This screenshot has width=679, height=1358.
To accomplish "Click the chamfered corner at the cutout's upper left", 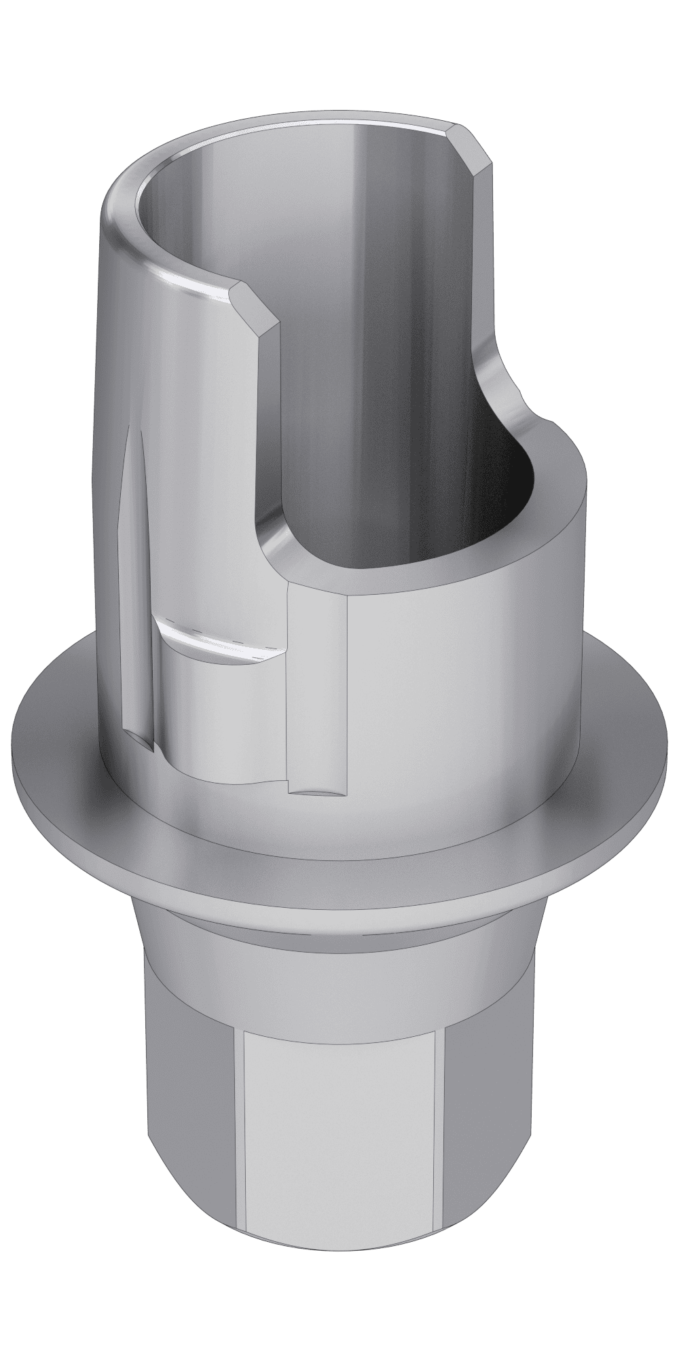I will pos(255,299).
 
